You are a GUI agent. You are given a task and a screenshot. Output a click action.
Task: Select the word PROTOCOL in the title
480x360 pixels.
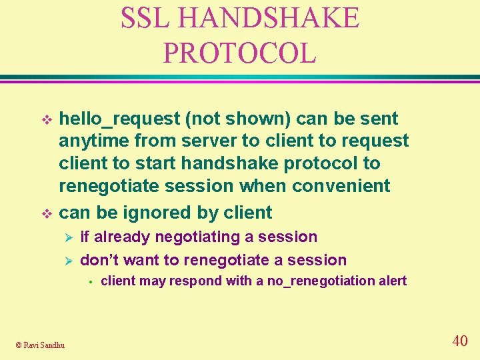click(239, 53)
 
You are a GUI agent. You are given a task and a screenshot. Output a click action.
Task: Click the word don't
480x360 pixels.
click(100, 260)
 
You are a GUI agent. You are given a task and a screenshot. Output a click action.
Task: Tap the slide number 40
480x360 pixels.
click(459, 341)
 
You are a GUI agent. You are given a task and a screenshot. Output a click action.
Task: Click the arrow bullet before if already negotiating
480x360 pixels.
click(65, 237)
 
